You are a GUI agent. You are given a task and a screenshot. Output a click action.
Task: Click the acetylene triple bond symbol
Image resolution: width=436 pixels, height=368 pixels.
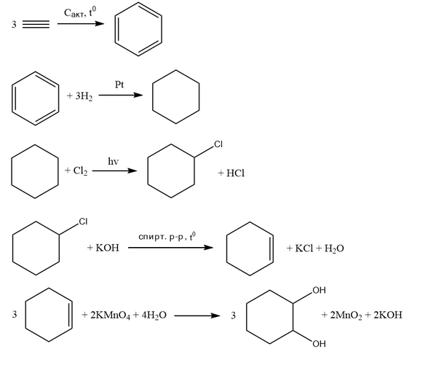point(36,24)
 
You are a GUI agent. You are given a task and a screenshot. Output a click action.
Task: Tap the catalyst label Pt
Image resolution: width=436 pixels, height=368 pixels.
point(119,85)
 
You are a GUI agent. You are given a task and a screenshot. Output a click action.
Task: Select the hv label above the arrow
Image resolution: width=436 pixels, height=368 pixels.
point(113,161)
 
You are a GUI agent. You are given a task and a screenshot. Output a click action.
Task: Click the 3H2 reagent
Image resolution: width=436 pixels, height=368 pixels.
point(84,96)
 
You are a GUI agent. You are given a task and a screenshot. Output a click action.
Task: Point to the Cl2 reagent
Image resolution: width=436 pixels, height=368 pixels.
point(80,171)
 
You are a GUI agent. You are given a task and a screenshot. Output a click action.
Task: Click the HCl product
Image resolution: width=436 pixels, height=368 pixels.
point(235,173)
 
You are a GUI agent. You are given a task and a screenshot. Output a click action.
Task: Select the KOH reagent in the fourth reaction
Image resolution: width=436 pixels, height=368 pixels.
point(107,248)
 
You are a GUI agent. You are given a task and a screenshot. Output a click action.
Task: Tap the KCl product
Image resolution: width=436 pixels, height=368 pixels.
point(304,248)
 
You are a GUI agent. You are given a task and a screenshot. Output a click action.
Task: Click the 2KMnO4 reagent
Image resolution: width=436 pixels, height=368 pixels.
point(110,316)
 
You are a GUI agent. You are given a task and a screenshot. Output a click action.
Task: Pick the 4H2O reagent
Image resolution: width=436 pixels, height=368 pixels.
point(154,316)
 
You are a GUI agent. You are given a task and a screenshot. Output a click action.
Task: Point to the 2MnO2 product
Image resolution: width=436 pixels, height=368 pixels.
point(346,316)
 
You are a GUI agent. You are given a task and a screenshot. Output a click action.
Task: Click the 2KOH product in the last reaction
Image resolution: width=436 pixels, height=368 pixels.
point(388,315)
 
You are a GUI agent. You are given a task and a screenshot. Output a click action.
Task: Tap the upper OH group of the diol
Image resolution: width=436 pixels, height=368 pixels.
point(319,290)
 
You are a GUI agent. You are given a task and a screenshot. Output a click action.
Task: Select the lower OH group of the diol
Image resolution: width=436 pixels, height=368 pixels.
point(319,344)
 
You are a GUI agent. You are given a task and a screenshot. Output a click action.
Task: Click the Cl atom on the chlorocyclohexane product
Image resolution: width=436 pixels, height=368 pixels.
point(218,144)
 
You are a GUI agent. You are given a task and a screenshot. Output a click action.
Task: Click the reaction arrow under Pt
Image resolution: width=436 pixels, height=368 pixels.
point(121,95)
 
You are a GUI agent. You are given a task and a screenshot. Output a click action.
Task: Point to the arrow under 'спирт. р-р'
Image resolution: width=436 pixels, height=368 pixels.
point(170,248)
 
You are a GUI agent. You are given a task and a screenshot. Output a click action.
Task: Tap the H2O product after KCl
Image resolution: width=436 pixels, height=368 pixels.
point(334,248)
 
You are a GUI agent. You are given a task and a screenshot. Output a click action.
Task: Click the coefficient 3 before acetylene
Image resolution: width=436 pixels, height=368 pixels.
point(14,25)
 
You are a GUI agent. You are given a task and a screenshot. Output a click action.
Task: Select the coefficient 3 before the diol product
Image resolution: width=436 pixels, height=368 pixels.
point(233,316)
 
